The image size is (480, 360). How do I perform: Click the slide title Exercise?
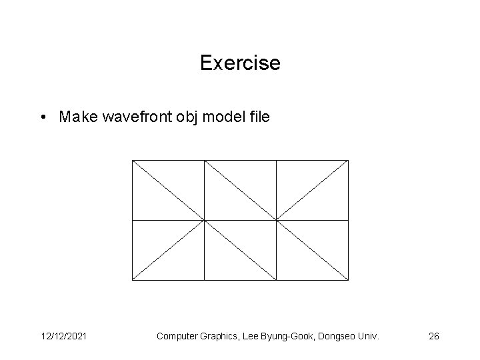(x=240, y=63)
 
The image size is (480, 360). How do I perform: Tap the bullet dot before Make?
(x=42, y=118)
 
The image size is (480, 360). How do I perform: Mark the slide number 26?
(x=434, y=337)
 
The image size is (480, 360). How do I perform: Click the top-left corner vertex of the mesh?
(x=132, y=160)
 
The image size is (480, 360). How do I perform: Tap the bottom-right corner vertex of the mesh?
(x=348, y=280)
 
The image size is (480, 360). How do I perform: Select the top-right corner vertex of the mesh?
(x=348, y=160)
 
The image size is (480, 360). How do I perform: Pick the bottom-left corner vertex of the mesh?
(x=132, y=280)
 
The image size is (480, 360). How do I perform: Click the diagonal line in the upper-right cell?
(x=312, y=190)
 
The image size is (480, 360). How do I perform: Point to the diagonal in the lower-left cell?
(x=168, y=250)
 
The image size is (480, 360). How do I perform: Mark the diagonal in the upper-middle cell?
(x=240, y=190)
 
